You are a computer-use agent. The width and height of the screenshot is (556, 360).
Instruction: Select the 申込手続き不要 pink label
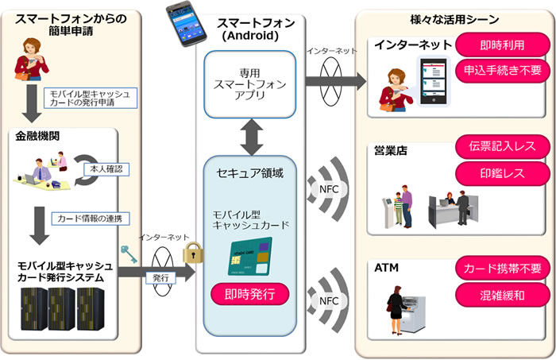(501, 70)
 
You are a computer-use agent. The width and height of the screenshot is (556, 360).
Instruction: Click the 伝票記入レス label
(501, 146)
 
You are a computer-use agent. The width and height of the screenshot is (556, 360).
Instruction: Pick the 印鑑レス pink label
(501, 172)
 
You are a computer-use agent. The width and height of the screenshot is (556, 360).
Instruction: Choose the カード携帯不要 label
(501, 269)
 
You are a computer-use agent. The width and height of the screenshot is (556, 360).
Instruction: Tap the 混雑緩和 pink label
(501, 295)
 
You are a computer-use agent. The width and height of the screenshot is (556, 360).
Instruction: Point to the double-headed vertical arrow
(250, 137)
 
